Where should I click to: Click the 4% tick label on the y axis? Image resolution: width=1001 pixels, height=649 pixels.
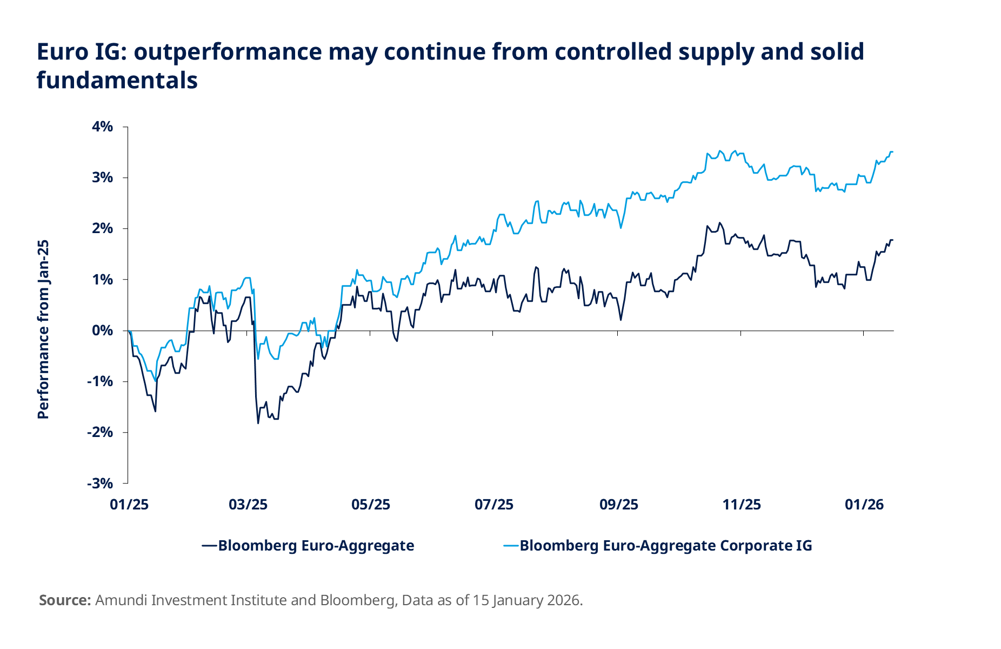103,127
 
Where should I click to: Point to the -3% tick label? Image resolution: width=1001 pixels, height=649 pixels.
100,483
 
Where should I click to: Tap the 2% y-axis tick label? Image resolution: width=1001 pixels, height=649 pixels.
103,228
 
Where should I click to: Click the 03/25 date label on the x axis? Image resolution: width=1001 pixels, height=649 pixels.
248,505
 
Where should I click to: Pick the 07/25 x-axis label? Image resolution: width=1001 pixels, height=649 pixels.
494,505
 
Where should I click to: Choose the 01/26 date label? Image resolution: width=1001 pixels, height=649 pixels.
864,505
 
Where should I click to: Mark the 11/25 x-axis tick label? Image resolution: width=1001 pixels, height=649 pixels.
742,505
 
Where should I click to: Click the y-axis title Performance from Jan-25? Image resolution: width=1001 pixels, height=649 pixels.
43,329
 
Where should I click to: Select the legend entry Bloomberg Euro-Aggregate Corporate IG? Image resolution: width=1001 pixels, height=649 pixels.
665,546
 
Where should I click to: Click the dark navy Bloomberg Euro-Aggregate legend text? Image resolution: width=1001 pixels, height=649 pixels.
316,546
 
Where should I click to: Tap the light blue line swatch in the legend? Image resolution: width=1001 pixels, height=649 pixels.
511,546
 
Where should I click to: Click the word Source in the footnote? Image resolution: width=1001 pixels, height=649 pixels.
64,600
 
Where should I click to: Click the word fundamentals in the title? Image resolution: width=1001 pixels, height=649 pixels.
117,80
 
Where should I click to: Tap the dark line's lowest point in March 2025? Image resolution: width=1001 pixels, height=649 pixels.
258,423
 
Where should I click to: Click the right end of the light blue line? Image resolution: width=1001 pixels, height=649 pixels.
893,152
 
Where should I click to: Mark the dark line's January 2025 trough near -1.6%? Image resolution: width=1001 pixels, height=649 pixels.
156,412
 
